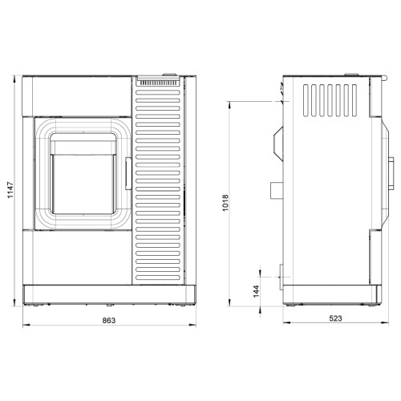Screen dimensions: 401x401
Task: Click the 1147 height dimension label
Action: click(10, 190)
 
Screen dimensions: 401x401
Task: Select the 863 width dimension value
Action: click(109, 320)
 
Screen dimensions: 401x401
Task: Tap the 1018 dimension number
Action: click(225, 203)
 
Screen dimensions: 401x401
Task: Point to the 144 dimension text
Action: click(256, 291)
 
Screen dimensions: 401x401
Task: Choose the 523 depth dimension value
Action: click(335, 318)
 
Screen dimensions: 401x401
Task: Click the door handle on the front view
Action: click(128, 173)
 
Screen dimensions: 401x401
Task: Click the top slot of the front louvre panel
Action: click(158, 92)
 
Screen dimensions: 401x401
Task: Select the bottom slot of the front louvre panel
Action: click(158, 277)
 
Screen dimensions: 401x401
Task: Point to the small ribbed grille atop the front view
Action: click(159, 83)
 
